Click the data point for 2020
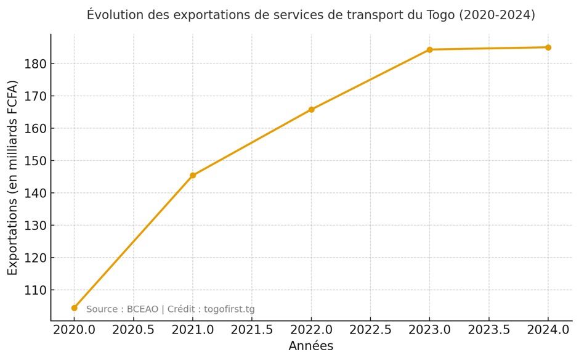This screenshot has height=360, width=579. (x=75, y=308)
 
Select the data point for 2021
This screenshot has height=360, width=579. (x=193, y=176)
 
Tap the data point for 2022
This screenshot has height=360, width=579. (x=312, y=110)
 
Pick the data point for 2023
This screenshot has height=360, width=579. (x=429, y=50)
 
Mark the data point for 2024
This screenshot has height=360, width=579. (x=548, y=47)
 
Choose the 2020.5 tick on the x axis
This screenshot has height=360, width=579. (x=134, y=330)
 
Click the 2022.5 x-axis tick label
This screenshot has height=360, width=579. (x=370, y=330)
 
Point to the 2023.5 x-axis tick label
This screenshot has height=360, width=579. (x=489, y=330)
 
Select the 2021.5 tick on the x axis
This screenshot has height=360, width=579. (x=252, y=330)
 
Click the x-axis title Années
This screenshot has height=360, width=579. (x=311, y=346)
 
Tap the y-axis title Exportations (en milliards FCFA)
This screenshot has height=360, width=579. (x=13, y=178)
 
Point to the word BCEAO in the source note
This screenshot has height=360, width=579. (x=143, y=309)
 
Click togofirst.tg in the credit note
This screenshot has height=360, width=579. (x=229, y=309)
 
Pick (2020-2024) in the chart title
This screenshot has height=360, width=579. (x=496, y=15)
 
